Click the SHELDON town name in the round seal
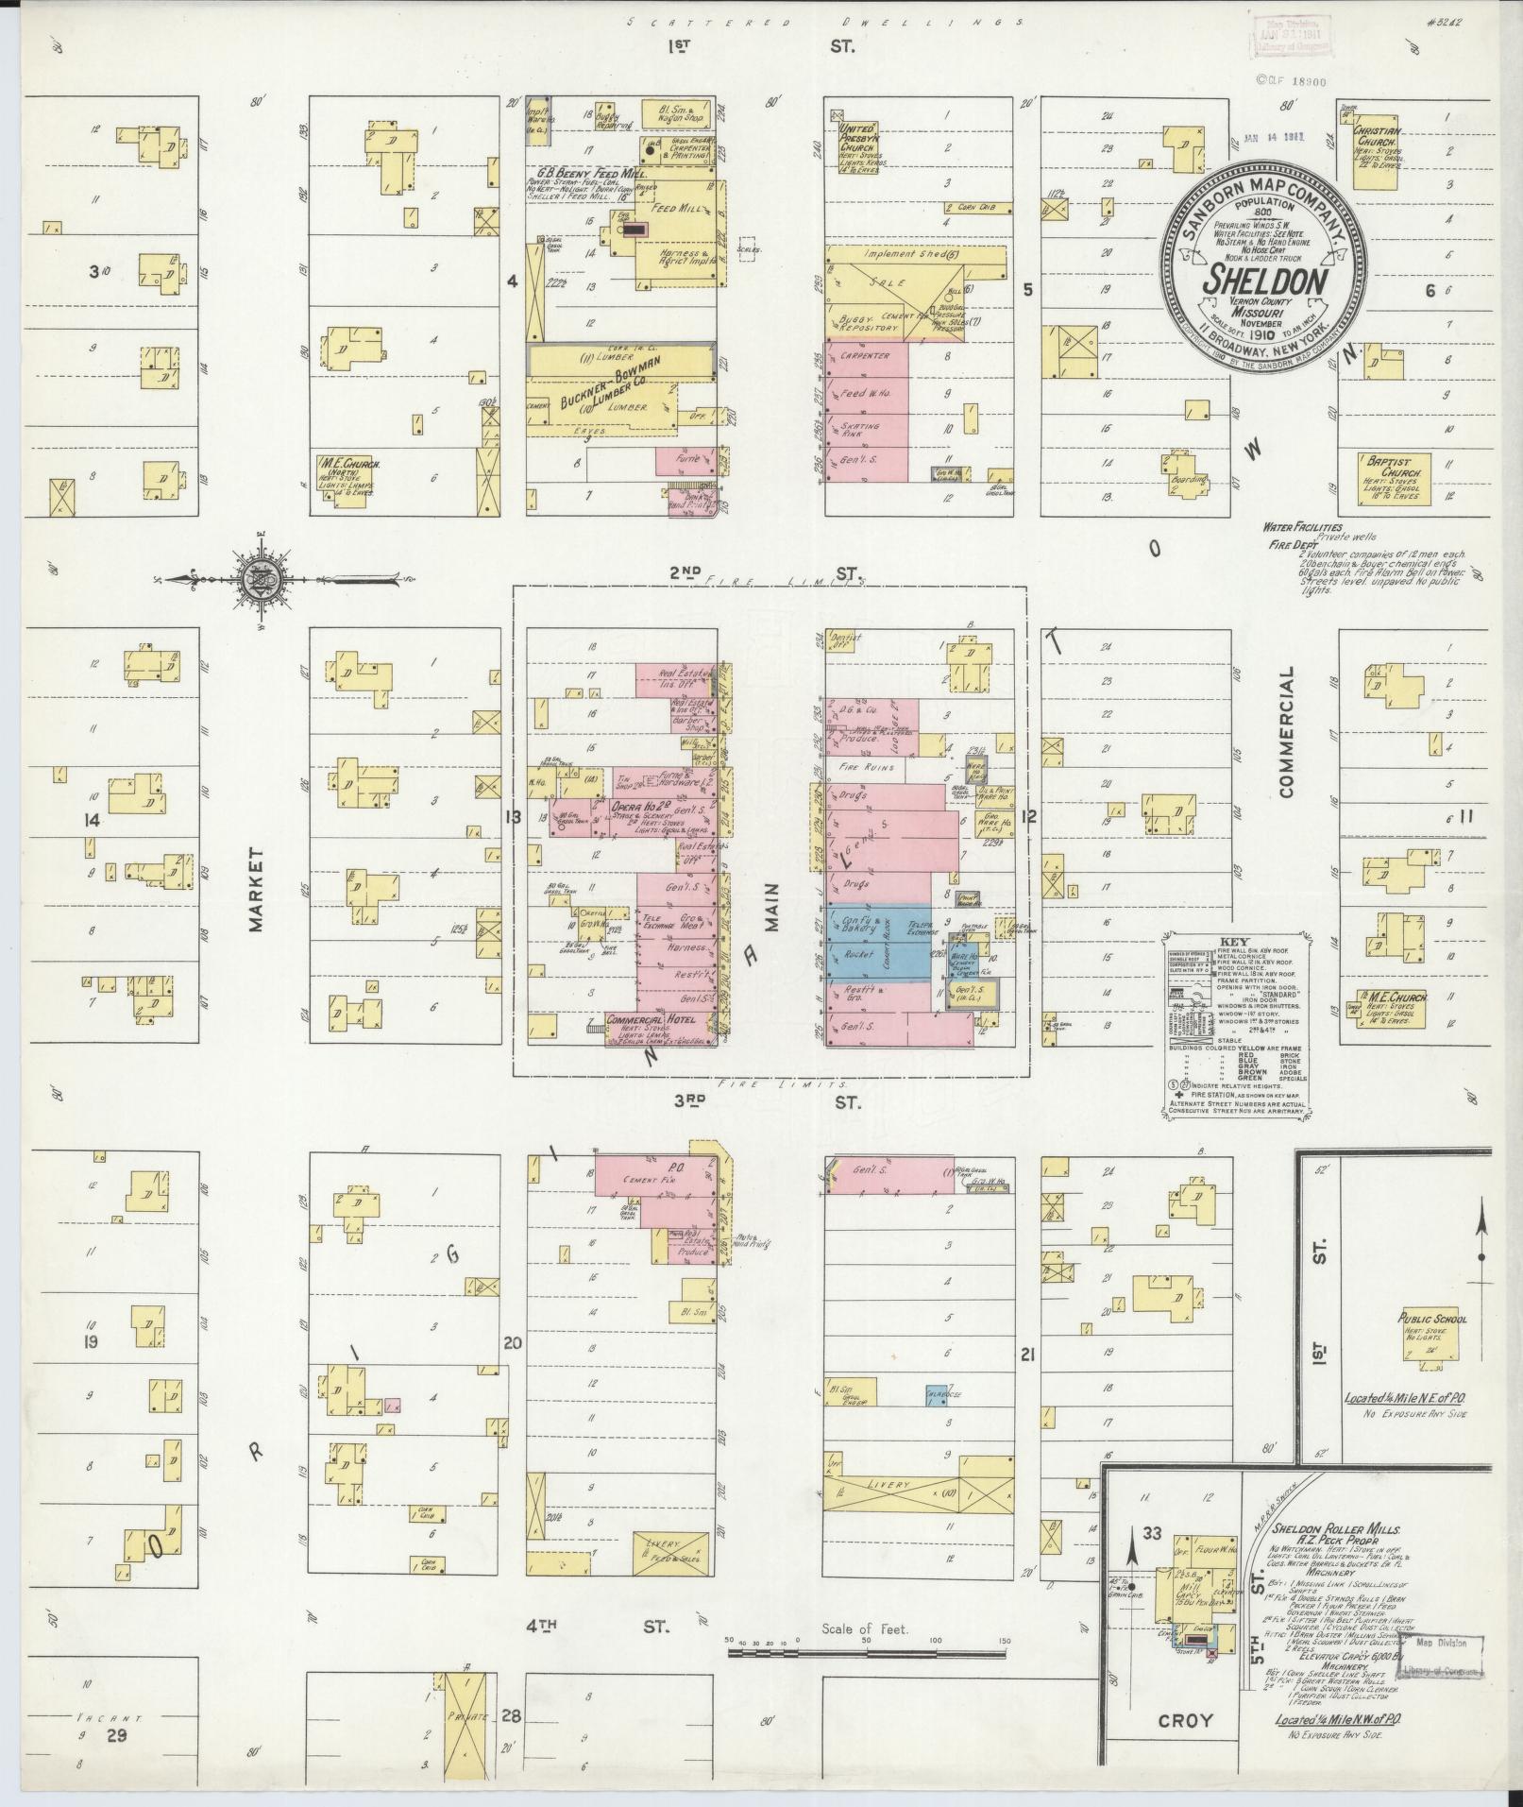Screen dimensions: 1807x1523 tap(1265, 281)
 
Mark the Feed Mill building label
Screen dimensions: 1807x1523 tap(677, 208)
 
